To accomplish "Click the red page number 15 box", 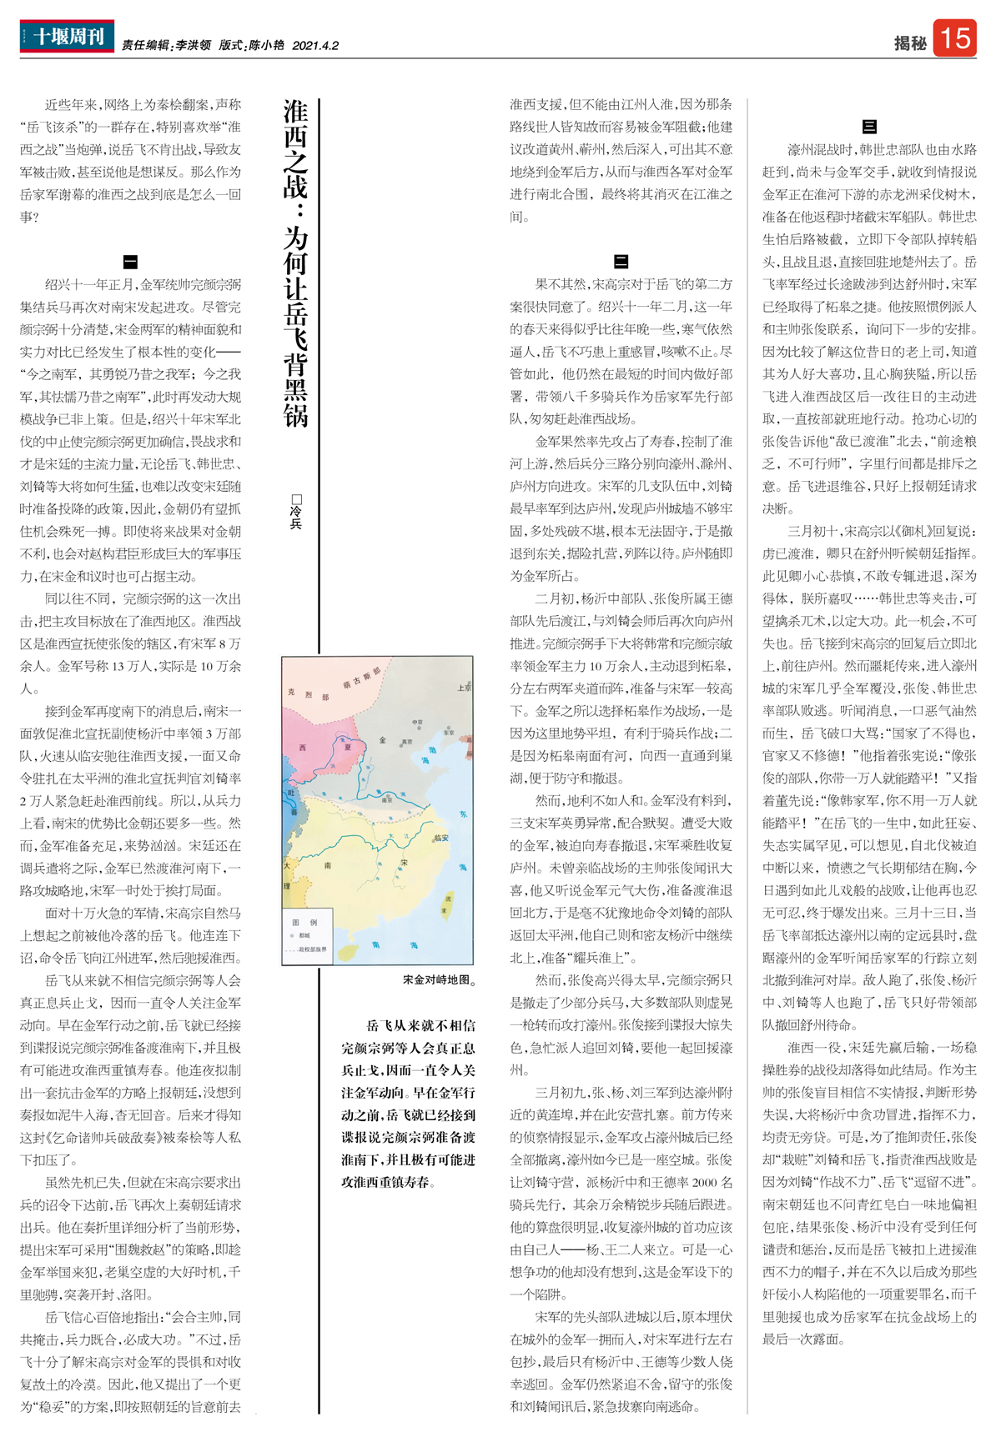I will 954,38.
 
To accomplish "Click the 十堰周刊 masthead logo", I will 67,36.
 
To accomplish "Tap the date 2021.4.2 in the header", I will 315,46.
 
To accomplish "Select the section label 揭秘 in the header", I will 910,43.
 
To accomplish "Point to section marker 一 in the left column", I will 130,261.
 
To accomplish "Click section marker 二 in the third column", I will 621,261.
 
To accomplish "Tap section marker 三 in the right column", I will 869,127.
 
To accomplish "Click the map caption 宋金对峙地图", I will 439,980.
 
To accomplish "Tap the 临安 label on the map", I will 440,839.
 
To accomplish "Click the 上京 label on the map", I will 464,688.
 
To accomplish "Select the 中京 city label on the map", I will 417,722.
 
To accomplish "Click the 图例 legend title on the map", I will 304,923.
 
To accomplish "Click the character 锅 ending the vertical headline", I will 296,414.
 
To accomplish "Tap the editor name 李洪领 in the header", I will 192,46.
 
